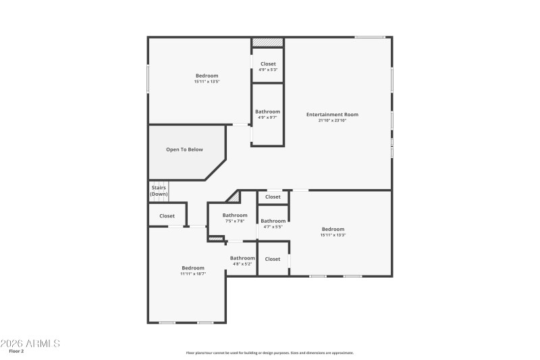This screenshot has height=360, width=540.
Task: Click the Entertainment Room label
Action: pos(332,114)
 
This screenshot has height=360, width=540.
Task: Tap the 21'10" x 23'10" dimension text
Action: pos(332,120)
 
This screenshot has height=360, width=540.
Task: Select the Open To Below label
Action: pos(184,149)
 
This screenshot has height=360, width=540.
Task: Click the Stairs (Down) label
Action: pos(159,191)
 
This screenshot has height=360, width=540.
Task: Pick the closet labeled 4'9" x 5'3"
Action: pos(268,66)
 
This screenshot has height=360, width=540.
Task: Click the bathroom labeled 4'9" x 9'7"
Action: pos(267,114)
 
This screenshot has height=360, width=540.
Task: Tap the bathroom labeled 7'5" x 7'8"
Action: pos(235,217)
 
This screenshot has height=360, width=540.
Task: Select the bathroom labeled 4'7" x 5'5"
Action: pos(273,224)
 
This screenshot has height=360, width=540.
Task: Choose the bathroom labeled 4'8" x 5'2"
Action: pos(242,260)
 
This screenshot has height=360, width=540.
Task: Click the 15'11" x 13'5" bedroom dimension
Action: pos(207,81)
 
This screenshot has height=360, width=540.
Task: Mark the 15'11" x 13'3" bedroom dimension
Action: pos(333,235)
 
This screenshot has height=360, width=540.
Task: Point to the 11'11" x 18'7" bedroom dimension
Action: pos(192,274)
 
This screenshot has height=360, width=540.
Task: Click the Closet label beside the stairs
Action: pos(167,216)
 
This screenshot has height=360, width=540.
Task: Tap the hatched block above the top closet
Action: pos(267,43)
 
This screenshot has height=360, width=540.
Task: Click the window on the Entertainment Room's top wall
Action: pos(370,37)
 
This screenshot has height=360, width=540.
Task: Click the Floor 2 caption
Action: pos(16,352)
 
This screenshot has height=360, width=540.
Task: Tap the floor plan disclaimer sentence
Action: pos(269,353)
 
